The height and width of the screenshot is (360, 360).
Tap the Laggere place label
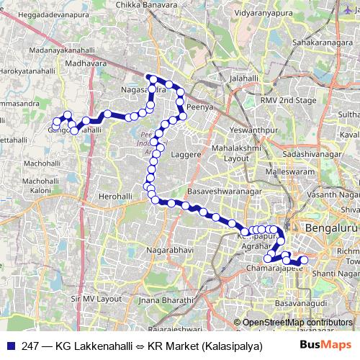(186, 155)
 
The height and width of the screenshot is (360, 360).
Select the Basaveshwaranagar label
(223, 192)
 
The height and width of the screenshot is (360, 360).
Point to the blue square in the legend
(9, 346)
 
